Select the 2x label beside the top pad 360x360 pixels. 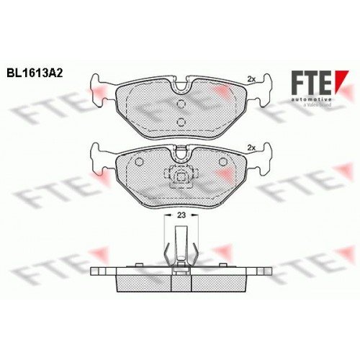point(251,78)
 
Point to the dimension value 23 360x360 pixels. point(180,215)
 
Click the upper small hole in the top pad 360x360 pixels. point(181,104)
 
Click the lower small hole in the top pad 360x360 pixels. point(181,120)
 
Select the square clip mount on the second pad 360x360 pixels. point(181,176)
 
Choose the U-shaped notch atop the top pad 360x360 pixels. point(181,87)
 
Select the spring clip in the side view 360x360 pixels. point(180,248)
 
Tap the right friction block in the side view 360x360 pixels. point(220,282)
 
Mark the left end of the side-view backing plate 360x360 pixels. point(95,272)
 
